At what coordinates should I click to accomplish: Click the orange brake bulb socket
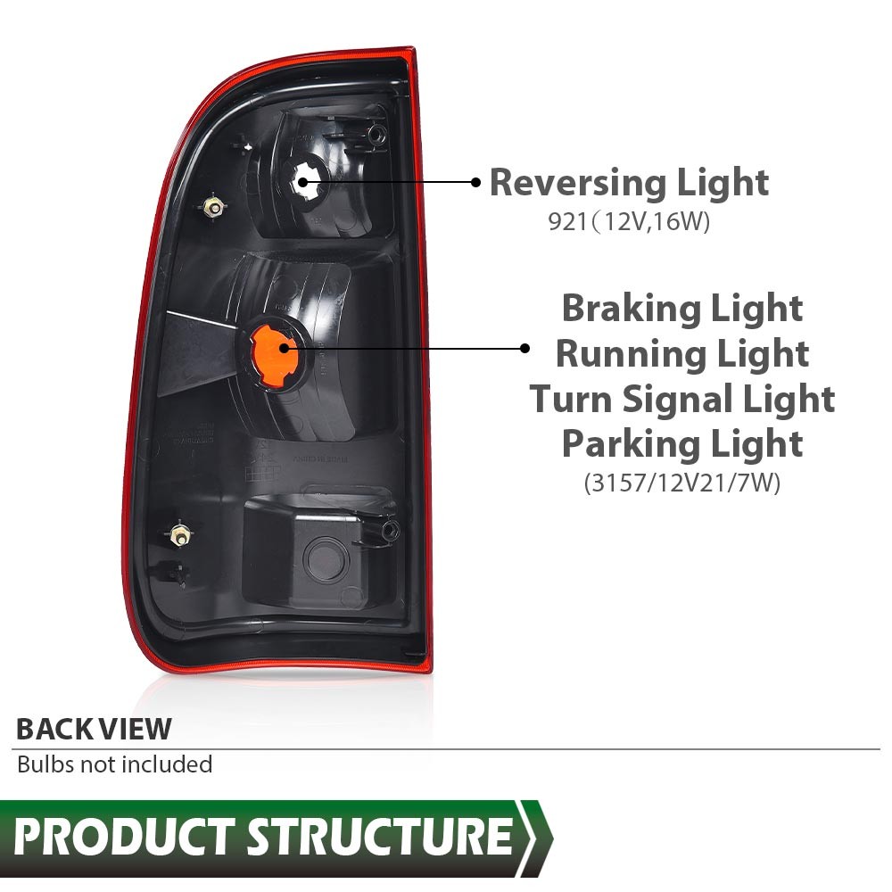tap(274, 352)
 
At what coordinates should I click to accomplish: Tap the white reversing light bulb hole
tap(307, 181)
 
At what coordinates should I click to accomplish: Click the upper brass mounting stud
tap(213, 208)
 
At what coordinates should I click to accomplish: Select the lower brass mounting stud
tap(180, 534)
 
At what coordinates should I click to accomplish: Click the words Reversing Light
tap(629, 183)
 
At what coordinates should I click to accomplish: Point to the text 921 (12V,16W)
tap(629, 221)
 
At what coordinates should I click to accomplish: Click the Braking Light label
tap(682, 309)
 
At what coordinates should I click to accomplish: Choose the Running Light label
tap(682, 354)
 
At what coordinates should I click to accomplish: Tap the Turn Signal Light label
tap(682, 399)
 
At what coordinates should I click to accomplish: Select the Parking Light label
tap(682, 443)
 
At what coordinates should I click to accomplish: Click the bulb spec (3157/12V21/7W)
tap(682, 483)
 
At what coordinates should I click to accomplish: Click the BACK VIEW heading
tap(94, 729)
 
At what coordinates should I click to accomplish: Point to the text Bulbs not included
tap(115, 764)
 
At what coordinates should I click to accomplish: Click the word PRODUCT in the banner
tap(124, 837)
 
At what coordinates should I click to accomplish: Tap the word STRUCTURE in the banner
tap(380, 837)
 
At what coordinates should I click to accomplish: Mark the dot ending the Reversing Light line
tap(476, 182)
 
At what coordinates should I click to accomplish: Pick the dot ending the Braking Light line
tap(524, 348)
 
